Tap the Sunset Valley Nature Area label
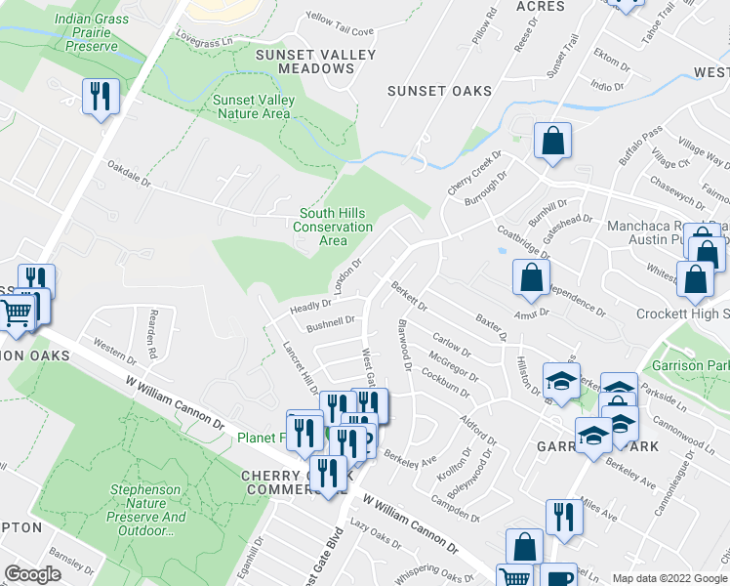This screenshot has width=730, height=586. tap(252, 106)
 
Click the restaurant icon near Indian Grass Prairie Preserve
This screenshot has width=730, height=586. tap(101, 97)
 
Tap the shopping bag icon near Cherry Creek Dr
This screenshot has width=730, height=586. tap(552, 141)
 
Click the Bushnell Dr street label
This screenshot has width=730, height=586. tap(329, 322)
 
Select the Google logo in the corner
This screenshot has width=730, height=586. tap(33, 574)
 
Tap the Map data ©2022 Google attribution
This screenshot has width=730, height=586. tap(669, 578)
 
